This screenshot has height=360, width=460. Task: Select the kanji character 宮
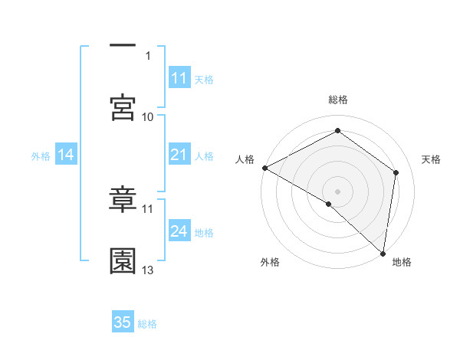pos(123,107)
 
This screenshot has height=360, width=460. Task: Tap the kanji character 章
pos(123,199)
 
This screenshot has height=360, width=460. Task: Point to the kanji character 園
pos(123,261)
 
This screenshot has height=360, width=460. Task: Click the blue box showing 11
pos(179,78)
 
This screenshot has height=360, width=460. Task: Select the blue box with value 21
pos(179,155)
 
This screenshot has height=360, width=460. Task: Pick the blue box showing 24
pos(179,232)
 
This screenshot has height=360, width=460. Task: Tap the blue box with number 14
pos(65,155)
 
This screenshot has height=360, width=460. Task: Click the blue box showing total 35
pos(123,322)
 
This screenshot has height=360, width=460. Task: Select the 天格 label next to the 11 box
pos(204,79)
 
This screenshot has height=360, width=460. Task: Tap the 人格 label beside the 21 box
pos(204,156)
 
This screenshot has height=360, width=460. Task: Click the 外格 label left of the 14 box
pos(41,156)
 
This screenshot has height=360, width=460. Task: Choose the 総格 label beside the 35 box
pos(147,323)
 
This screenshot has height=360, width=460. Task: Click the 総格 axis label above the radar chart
pos(337,100)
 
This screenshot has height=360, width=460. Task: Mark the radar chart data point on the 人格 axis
pos(264,167)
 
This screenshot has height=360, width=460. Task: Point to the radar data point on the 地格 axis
pos(382,253)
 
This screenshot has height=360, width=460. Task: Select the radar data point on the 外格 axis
pos(329,204)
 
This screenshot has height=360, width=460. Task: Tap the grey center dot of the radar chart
pos(337,191)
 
